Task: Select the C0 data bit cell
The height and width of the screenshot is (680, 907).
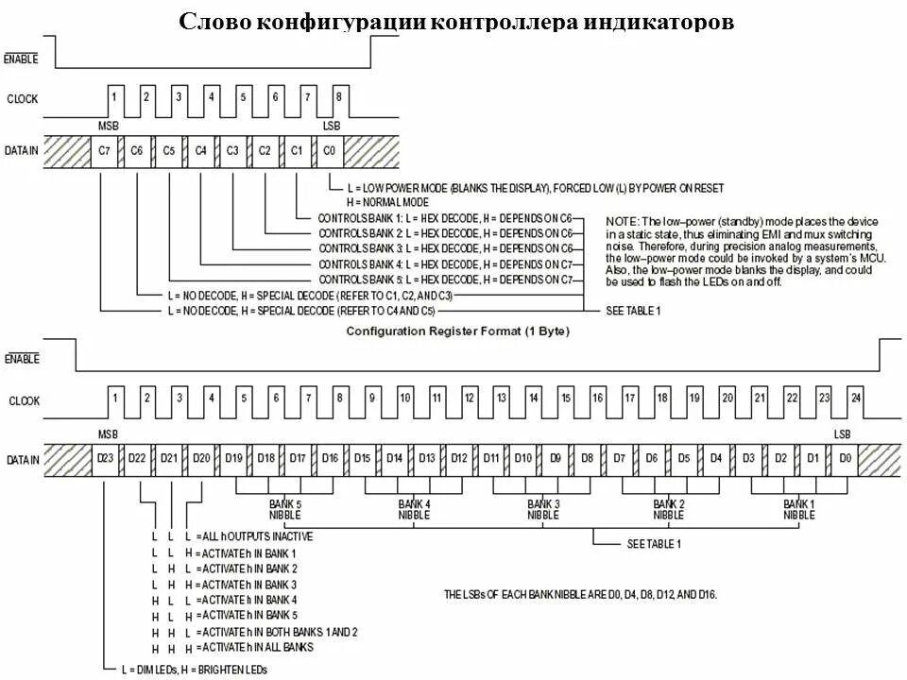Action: click(x=328, y=149)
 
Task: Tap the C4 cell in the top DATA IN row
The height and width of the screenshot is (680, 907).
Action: click(x=200, y=149)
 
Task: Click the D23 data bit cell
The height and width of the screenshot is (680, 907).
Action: click(x=107, y=458)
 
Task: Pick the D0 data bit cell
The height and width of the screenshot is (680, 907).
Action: click(x=846, y=458)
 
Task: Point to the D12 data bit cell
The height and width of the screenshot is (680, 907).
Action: click(x=458, y=458)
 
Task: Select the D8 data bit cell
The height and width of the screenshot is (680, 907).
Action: click(x=587, y=458)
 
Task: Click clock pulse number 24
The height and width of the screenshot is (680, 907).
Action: click(x=855, y=398)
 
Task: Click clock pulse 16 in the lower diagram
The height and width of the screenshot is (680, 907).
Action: click(x=597, y=398)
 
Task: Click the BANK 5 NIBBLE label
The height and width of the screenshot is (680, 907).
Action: click(x=284, y=510)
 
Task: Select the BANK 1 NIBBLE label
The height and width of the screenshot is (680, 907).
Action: click(x=798, y=510)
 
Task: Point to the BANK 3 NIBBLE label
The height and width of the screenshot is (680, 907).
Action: click(x=542, y=510)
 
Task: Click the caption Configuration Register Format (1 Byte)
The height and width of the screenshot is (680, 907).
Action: click(x=457, y=331)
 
